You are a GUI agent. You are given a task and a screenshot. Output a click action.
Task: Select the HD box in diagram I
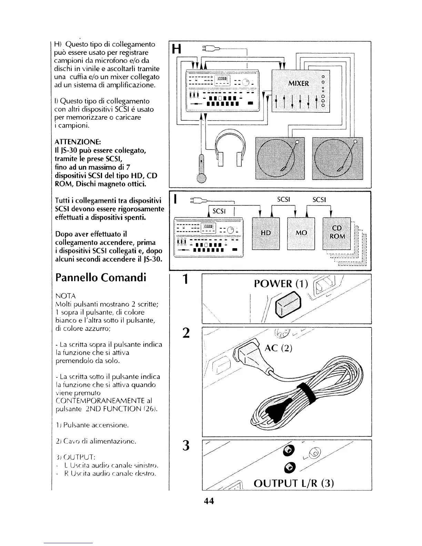(266, 233)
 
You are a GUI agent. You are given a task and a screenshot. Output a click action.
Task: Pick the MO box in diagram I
(301, 233)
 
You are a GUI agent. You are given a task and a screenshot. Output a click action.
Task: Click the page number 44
(209, 501)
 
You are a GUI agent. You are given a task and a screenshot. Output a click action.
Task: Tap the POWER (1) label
(282, 283)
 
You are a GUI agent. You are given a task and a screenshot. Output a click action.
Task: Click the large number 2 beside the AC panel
(187, 333)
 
